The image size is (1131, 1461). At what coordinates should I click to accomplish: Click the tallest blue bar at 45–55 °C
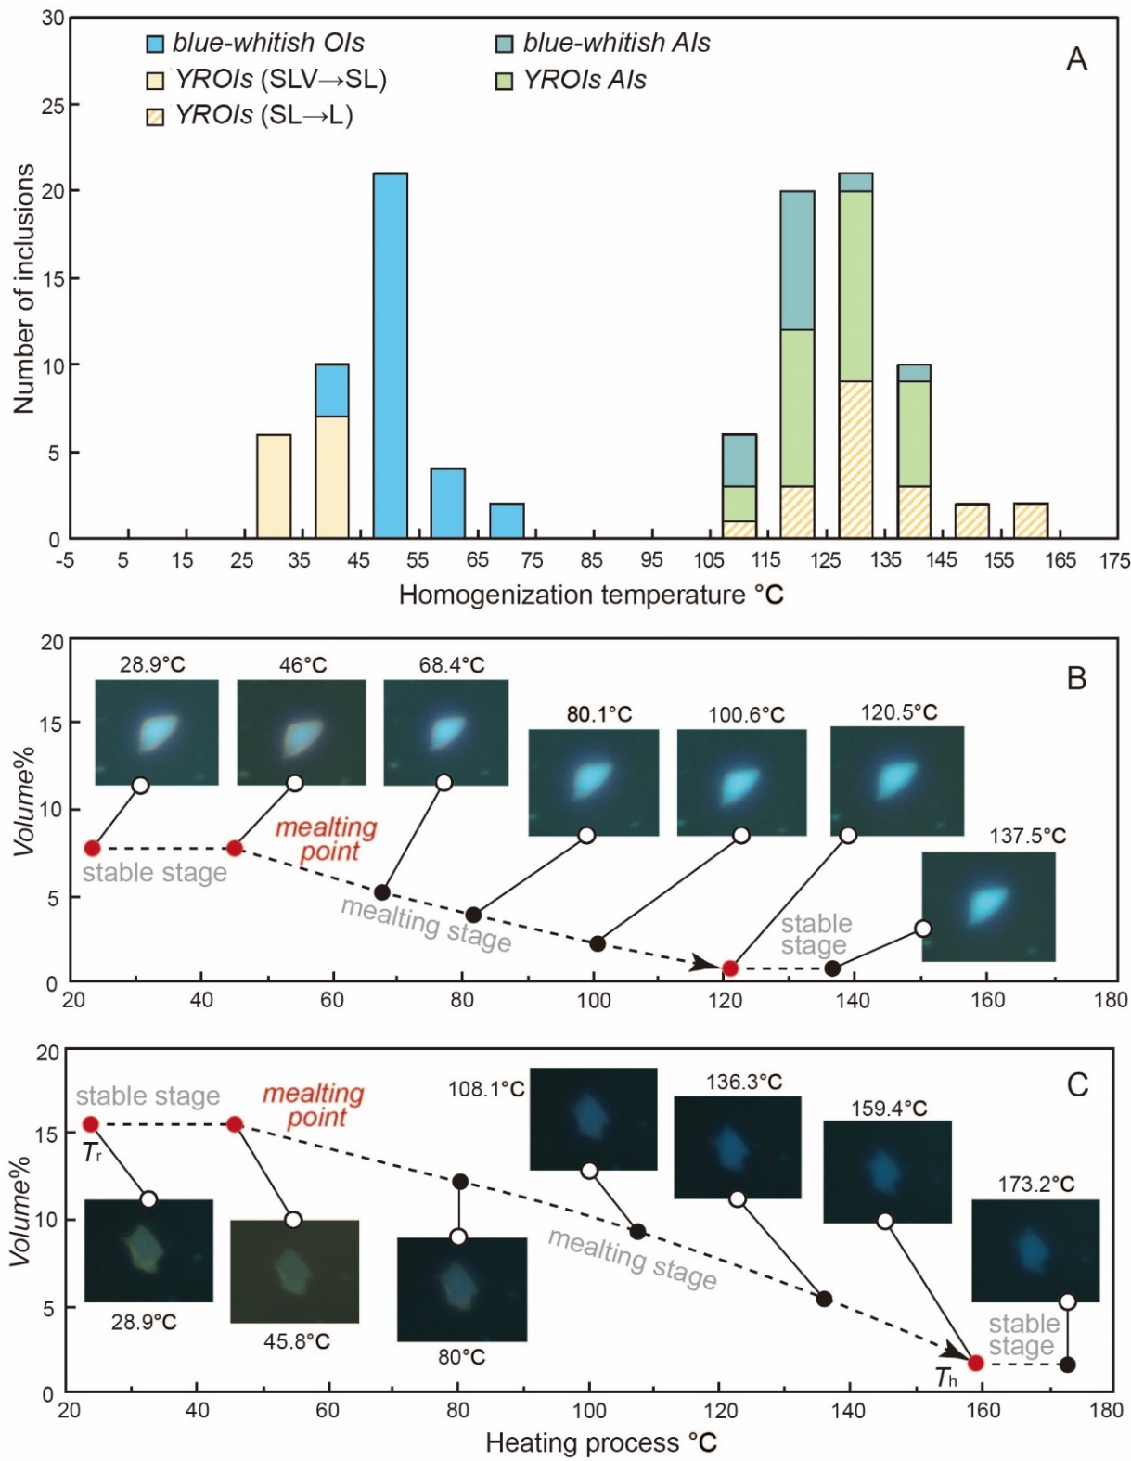(x=390, y=355)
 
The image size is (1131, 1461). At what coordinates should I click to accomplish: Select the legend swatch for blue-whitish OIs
(x=156, y=44)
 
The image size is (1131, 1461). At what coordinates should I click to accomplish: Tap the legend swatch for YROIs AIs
(x=504, y=81)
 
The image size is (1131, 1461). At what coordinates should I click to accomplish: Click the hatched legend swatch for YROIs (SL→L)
(x=156, y=117)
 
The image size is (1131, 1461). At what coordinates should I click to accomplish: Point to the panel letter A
(x=1076, y=59)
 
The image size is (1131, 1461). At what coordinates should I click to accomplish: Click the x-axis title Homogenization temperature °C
(x=591, y=595)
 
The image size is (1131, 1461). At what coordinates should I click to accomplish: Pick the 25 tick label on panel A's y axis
(x=53, y=105)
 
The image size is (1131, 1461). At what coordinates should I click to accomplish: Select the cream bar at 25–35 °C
(x=274, y=486)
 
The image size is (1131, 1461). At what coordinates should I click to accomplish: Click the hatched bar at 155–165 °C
(x=1030, y=520)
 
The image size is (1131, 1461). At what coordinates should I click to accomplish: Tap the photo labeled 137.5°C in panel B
(x=988, y=906)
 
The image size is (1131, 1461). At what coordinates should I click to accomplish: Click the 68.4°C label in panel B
(x=451, y=665)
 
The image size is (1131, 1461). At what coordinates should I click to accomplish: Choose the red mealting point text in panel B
(x=327, y=839)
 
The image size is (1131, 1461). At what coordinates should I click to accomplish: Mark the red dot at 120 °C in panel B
(x=730, y=968)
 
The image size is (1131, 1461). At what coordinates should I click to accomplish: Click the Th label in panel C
(x=945, y=1378)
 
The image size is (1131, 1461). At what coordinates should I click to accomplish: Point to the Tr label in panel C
(x=92, y=1153)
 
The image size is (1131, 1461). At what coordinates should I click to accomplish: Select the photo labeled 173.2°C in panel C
(x=1035, y=1250)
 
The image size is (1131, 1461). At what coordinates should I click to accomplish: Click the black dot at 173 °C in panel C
(x=1067, y=1365)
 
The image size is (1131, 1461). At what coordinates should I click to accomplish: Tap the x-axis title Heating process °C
(x=600, y=1443)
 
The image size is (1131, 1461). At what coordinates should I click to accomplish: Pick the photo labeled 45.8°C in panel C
(x=294, y=1271)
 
